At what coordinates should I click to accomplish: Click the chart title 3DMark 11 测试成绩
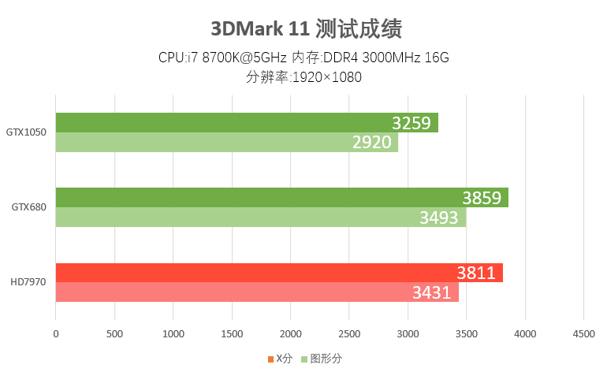[x=307, y=30]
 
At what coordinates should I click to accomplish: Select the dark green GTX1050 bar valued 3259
[x=246, y=123]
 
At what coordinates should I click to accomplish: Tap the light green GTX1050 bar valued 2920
[x=226, y=143]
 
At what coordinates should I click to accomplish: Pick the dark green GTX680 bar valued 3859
[x=281, y=198]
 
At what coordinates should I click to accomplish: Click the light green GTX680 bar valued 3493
[x=260, y=218]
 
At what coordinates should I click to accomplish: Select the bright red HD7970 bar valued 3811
[x=279, y=273]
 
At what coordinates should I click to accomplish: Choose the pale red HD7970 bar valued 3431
[x=257, y=292]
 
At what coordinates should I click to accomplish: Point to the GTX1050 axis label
[x=27, y=132]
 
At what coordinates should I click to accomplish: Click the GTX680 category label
[x=29, y=207]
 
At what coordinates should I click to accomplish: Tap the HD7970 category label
[x=28, y=282]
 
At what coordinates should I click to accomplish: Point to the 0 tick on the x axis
[x=56, y=334]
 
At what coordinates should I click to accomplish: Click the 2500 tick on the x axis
[x=349, y=334]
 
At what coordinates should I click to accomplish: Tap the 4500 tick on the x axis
[x=583, y=334]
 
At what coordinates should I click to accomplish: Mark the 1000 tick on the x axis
[x=173, y=334]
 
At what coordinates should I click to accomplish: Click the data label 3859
[x=482, y=198]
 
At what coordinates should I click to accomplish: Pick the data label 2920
[x=372, y=143]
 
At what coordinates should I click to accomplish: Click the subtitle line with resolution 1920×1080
[x=304, y=77]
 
